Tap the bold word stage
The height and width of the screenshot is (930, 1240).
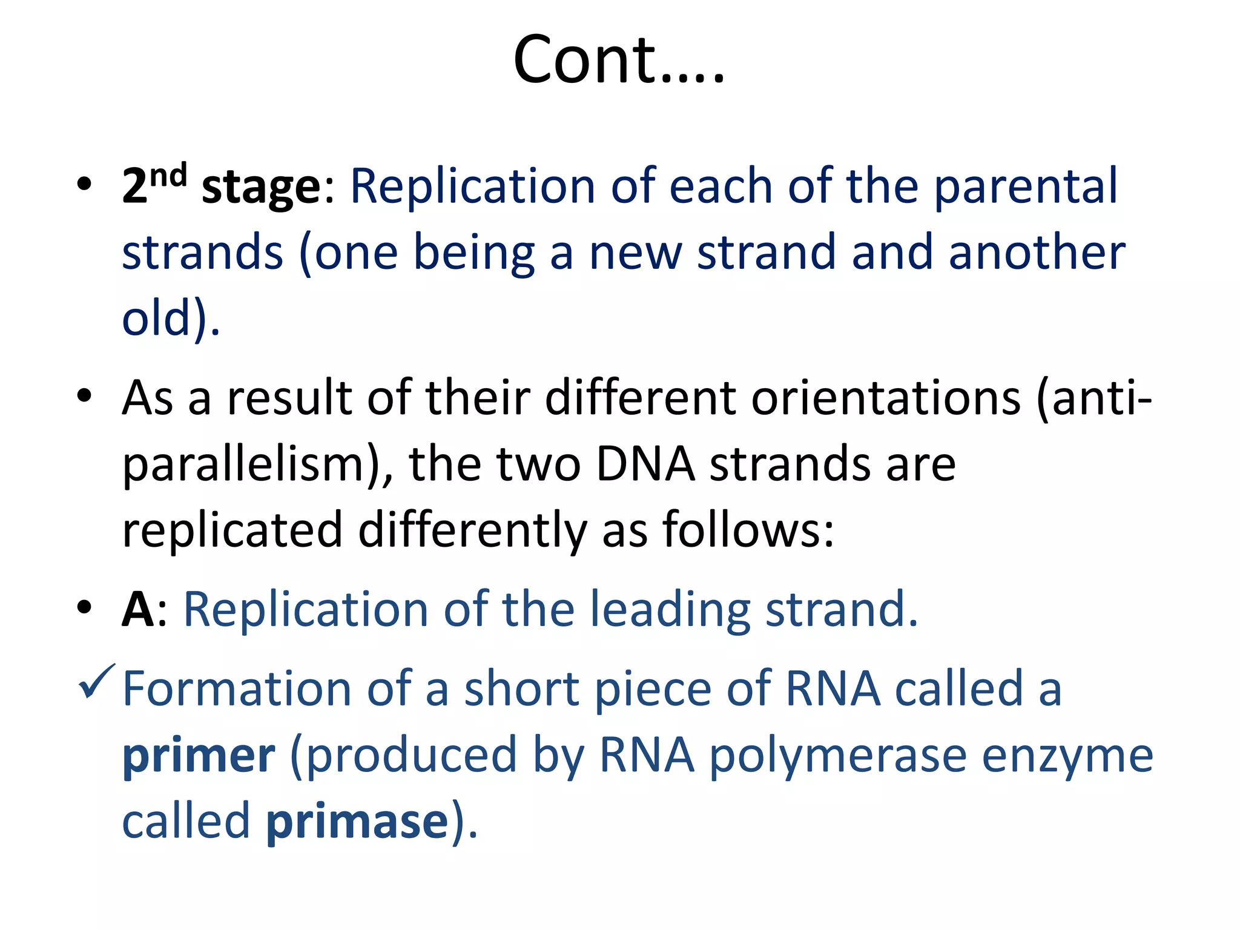[x=260, y=188]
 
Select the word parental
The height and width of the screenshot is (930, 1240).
[x=1025, y=186]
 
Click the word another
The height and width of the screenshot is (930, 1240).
[x=1036, y=253]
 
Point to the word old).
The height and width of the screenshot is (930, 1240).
[x=171, y=319]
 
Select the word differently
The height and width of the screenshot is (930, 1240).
[x=472, y=530]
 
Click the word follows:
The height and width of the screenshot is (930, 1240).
[x=748, y=530]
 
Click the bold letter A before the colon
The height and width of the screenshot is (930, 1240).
[x=137, y=610]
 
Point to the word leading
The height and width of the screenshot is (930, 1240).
[x=670, y=610]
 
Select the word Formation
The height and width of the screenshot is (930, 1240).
[x=237, y=689]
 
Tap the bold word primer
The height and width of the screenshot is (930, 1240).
[x=199, y=757]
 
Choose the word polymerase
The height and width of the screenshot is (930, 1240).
[x=837, y=757]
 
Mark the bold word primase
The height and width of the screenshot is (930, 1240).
[x=357, y=822]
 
